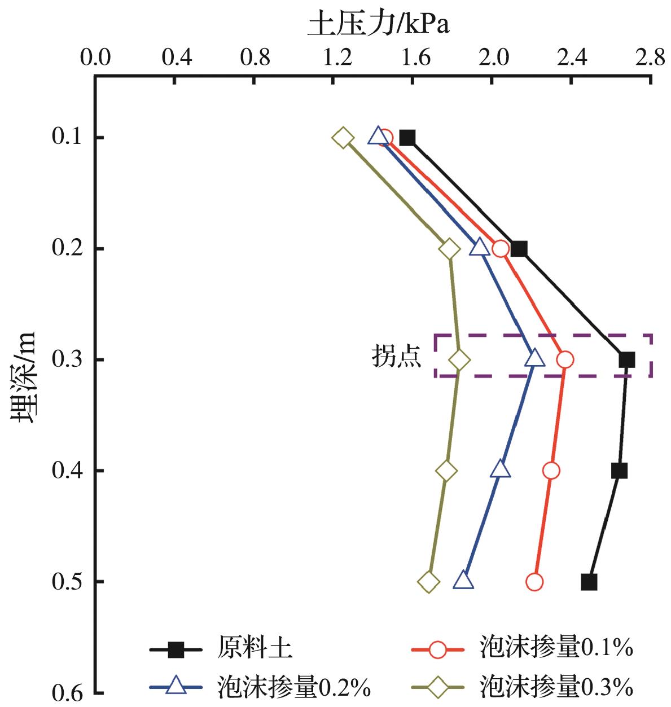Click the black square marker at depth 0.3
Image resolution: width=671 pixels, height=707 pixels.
click(626, 359)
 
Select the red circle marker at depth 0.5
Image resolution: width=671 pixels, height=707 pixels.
click(534, 582)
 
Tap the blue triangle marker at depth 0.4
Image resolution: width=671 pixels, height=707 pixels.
click(500, 469)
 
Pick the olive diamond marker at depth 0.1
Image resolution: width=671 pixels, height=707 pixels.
click(343, 138)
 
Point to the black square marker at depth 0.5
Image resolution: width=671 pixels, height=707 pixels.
click(589, 582)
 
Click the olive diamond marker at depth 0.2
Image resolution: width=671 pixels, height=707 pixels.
click(449, 249)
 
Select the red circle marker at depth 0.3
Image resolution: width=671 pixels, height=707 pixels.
click(564, 359)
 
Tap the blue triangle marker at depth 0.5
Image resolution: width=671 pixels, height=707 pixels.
click(463, 581)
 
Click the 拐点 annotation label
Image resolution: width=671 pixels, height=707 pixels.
click(397, 357)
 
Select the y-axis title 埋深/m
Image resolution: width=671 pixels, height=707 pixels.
click(24, 377)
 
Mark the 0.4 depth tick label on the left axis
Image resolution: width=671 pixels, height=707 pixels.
click(67, 471)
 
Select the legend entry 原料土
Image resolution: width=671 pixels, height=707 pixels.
click(254, 649)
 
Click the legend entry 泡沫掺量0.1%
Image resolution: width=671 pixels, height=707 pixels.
click(556, 648)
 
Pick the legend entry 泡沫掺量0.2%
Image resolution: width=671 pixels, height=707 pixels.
click(293, 687)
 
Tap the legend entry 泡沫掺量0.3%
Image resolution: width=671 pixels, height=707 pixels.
click(556, 687)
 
